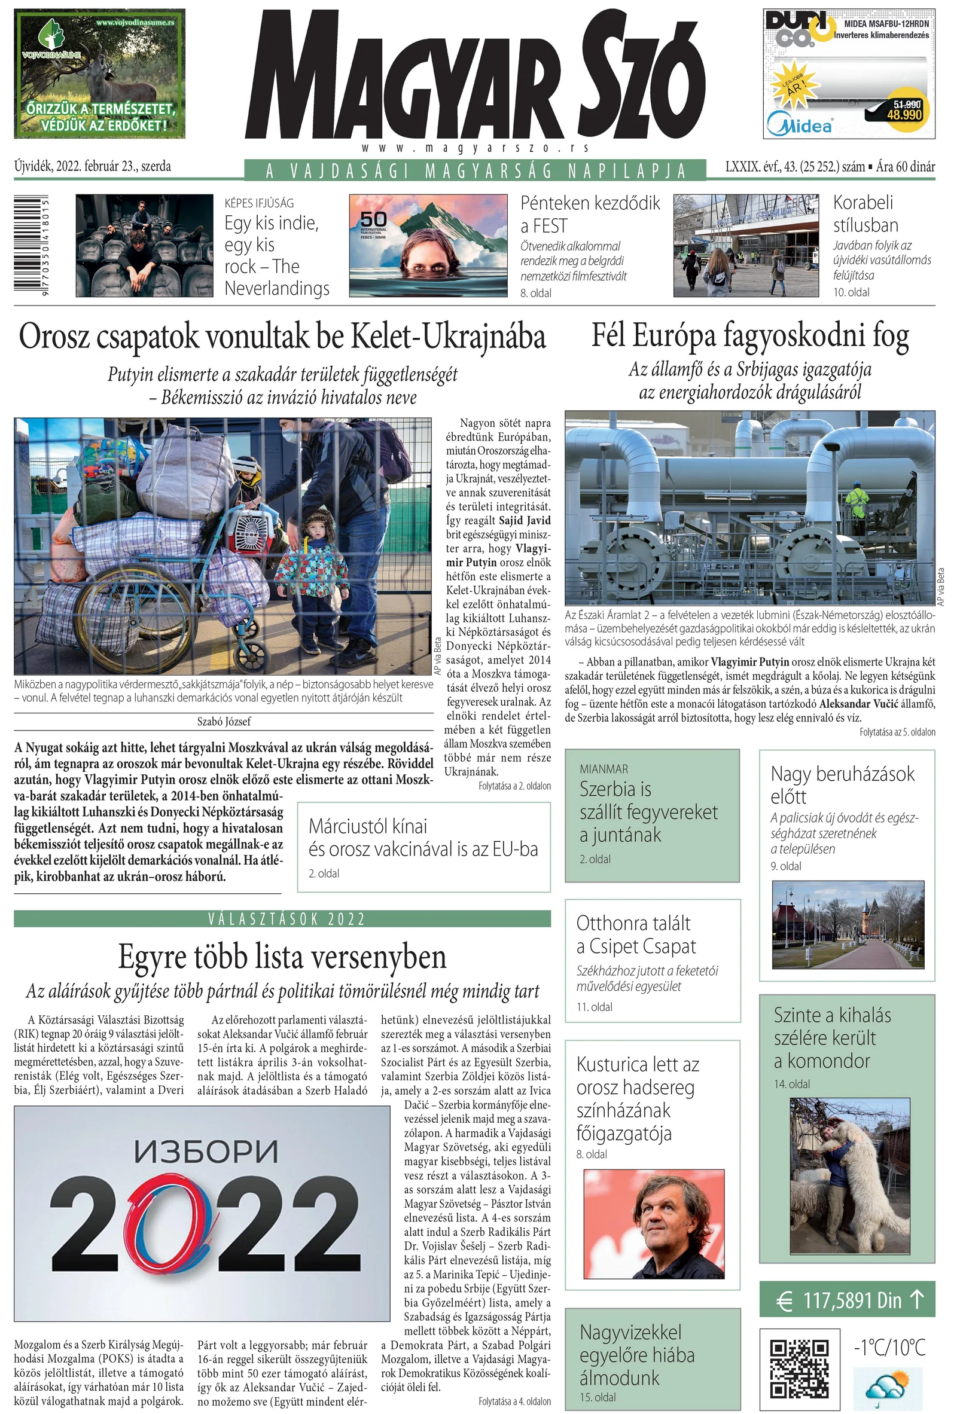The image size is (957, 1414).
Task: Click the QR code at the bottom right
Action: pyautogui.click(x=799, y=1369)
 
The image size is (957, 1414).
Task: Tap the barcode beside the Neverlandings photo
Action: pyautogui.click(x=32, y=245)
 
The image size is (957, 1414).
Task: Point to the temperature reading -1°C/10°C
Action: pyautogui.click(x=889, y=1348)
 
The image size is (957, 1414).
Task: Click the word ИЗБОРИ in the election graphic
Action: pyautogui.click(x=206, y=1151)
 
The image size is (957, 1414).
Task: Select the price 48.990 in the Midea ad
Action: pyautogui.click(x=904, y=114)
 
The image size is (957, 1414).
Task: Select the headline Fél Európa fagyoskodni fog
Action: pyautogui.click(x=750, y=337)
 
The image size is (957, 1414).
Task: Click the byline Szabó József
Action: pyautogui.click(x=224, y=722)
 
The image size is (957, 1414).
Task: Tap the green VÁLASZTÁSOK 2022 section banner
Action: pyautogui.click(x=282, y=919)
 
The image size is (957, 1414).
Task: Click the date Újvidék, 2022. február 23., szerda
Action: pyautogui.click(x=93, y=166)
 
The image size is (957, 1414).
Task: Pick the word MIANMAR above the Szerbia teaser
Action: pyautogui.click(x=604, y=769)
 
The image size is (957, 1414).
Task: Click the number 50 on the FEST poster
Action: pyautogui.click(x=373, y=219)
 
